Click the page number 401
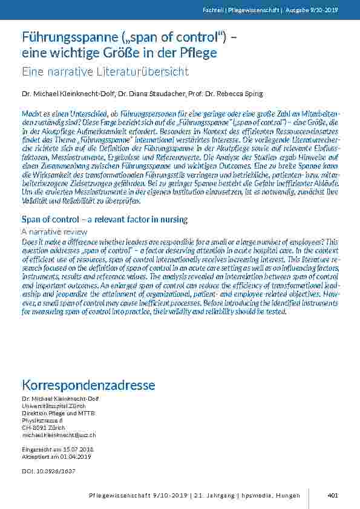click(x=332, y=496)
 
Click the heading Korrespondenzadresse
click(x=88, y=385)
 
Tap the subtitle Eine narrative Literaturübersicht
click(x=105, y=72)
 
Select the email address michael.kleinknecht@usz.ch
click(x=59, y=435)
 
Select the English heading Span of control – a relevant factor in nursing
click(x=105, y=219)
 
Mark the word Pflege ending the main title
click(x=198, y=53)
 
